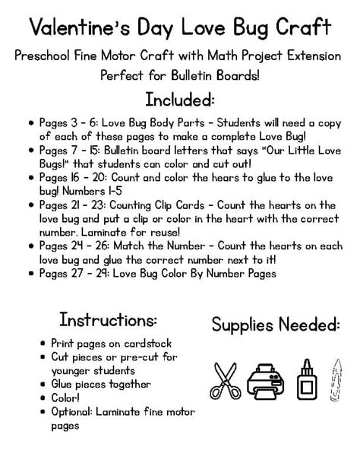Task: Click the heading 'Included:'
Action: pyautogui.click(x=179, y=100)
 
